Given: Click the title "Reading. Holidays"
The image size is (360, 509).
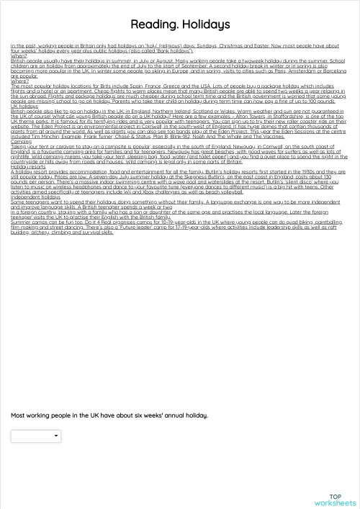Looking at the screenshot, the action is click(180, 25).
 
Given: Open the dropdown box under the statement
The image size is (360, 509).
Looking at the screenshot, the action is click(36, 436).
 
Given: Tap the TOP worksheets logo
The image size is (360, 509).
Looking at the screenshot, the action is click(335, 500).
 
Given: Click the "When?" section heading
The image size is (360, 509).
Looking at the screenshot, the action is click(19, 56).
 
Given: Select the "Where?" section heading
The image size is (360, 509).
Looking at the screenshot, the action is click(20, 81).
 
